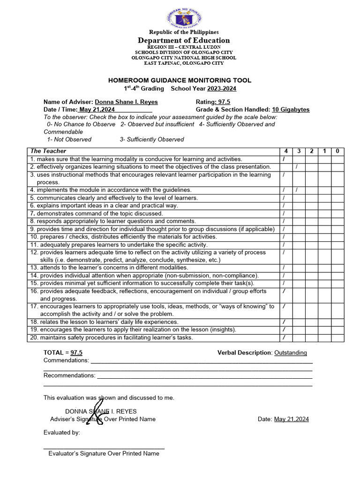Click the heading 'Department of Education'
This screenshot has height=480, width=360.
tap(184, 40)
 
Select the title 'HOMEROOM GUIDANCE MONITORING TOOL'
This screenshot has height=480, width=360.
tap(180, 81)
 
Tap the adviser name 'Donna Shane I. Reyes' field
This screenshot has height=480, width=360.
tap(126, 102)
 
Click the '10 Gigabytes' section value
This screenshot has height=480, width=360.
tap(291, 109)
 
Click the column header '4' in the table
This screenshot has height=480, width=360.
tap(285, 151)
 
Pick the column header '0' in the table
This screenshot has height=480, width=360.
tap(337, 151)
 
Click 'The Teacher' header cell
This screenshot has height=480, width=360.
tap(48, 151)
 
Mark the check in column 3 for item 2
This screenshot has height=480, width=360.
tap(297, 167)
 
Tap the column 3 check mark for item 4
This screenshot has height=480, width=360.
tap(297, 190)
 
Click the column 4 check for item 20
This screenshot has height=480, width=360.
tap(284, 337)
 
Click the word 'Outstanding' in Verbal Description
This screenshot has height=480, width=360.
tap(291, 352)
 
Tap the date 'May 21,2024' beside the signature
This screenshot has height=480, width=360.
tap(291, 419)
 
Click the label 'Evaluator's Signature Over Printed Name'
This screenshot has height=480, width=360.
tap(104, 453)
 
